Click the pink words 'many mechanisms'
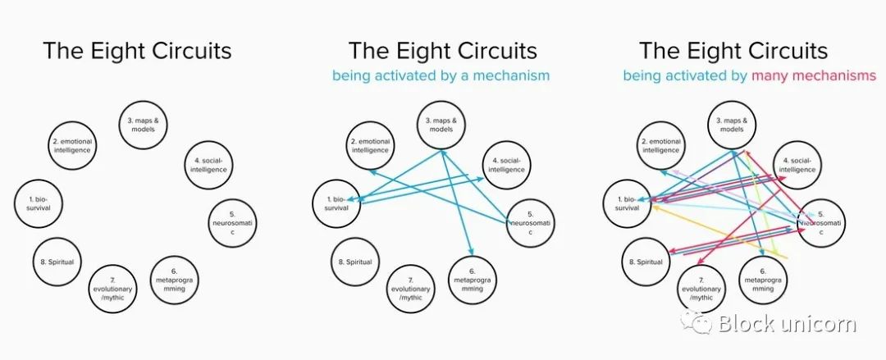click(814, 75)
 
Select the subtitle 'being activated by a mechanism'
click(441, 75)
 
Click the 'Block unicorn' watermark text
click(787, 324)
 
